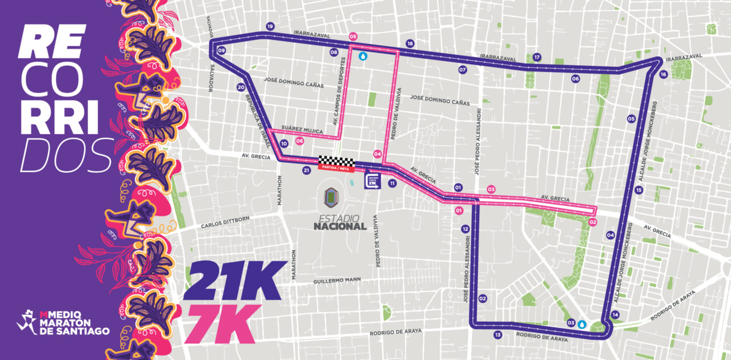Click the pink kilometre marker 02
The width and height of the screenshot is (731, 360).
coord(592,222)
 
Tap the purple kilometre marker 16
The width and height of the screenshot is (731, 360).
coord(663,74)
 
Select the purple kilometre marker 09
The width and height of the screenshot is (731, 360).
coord(222,51)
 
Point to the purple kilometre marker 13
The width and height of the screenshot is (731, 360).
coord(498,335)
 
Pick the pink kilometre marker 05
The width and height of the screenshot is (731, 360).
coord(352,35)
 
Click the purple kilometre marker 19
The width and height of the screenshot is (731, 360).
coord(270,26)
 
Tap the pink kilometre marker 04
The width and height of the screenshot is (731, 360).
coord(377,154)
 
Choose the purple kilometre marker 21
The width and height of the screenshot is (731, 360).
coord(307,170)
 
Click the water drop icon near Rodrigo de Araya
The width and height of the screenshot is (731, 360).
coord(581,323)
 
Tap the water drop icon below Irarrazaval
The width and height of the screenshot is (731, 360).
coord(363,56)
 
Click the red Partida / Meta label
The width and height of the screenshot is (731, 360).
coord(336,169)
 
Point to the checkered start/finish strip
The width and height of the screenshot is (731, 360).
coord(336,161)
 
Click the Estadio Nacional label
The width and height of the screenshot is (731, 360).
coord(339,222)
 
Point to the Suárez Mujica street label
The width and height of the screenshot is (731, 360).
coord(303,130)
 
